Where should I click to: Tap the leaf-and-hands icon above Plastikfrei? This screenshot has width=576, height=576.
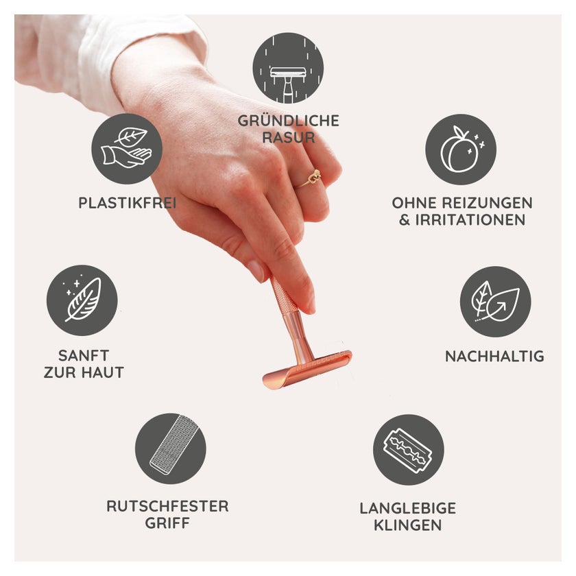pos(127,149)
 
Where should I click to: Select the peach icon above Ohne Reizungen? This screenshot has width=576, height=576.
pos(461,149)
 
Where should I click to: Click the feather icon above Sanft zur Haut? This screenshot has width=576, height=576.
pos(82,300)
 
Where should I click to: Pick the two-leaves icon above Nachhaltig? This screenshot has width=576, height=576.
pos(496,302)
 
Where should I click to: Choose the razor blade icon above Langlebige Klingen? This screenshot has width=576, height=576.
pos(409,450)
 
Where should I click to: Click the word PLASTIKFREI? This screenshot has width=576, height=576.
pos(128,203)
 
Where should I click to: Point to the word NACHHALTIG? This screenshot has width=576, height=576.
pos(494,357)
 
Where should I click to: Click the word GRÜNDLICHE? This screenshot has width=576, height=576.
pos(289,120)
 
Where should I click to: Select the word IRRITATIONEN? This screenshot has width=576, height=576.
pos(470,220)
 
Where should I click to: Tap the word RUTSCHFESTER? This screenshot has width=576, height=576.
pos(167,506)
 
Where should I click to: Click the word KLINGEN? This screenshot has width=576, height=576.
pos(408,525)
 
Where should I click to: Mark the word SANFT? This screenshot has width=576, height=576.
pos(84,356)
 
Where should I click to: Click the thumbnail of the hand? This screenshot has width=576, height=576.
pos(256,270)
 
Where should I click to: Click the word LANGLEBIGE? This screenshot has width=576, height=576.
pos(408,508)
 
